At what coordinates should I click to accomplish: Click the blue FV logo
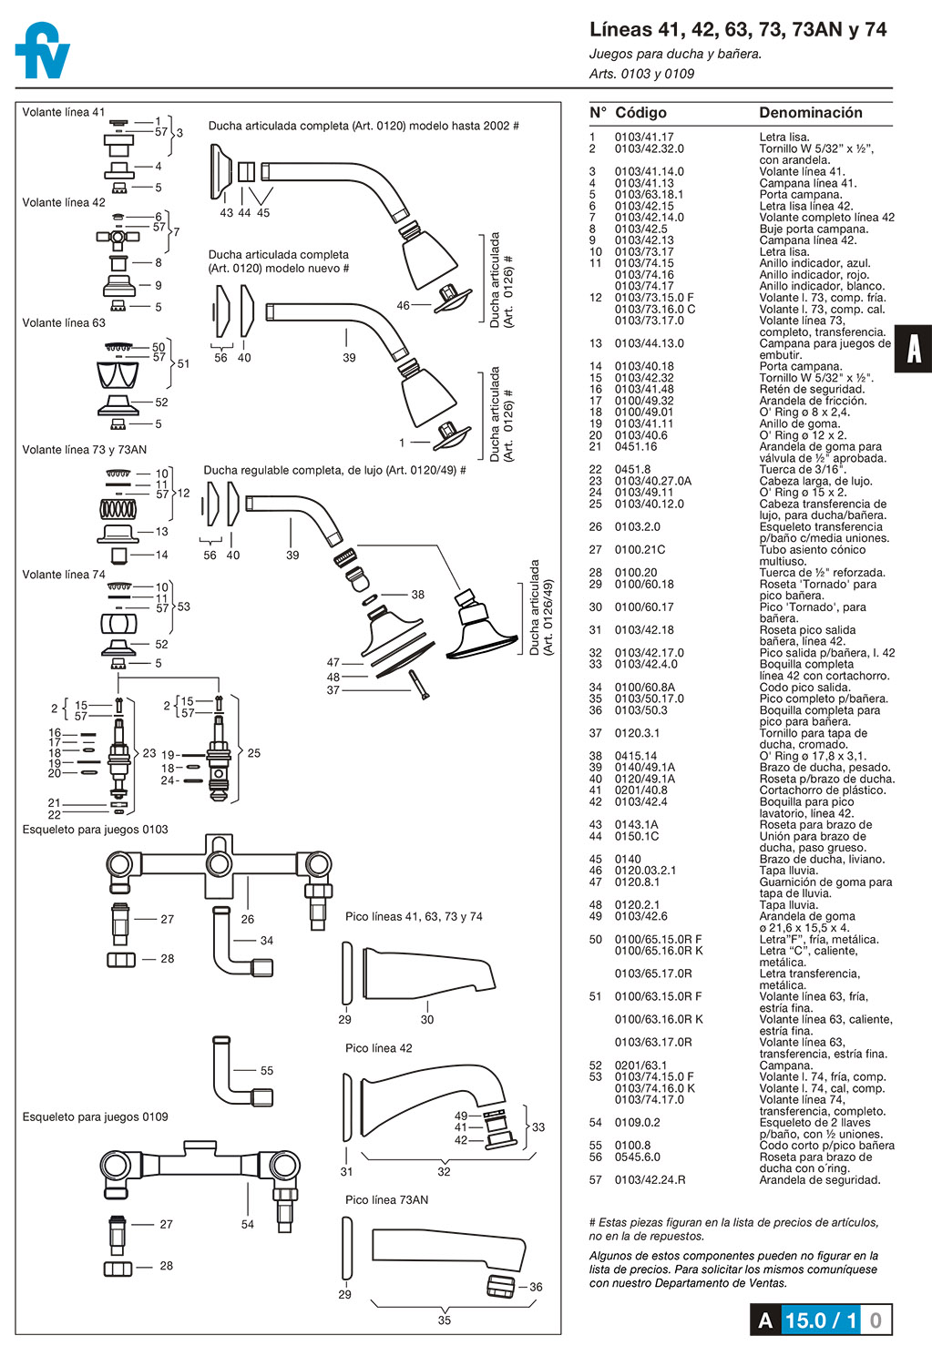(x=43, y=51)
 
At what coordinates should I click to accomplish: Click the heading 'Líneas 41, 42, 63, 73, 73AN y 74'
(x=738, y=30)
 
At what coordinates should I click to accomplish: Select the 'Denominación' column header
(x=810, y=113)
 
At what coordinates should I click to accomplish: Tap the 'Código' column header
(x=640, y=113)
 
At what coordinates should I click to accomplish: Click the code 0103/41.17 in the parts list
(x=644, y=138)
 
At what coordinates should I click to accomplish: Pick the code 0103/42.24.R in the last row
(x=650, y=1180)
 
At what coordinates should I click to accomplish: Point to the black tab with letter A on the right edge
(x=913, y=349)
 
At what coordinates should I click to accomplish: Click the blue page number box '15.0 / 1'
(x=820, y=1320)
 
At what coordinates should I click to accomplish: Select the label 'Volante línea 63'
(x=64, y=323)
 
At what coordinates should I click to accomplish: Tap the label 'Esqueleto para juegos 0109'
(x=96, y=1117)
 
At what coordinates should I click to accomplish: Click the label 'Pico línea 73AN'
(x=386, y=1200)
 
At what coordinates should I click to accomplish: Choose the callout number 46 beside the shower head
(x=404, y=306)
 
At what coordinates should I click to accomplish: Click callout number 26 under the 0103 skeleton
(x=248, y=920)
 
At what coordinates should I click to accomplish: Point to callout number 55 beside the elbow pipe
(x=267, y=1071)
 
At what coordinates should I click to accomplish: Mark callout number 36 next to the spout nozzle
(x=536, y=1288)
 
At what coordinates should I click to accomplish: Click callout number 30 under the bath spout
(x=427, y=1020)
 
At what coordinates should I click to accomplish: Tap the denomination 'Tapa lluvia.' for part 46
(x=788, y=871)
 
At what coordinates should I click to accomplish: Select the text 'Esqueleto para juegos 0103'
(x=96, y=830)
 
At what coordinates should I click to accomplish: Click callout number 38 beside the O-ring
(x=417, y=595)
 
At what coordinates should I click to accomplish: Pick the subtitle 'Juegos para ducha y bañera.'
(x=675, y=54)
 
